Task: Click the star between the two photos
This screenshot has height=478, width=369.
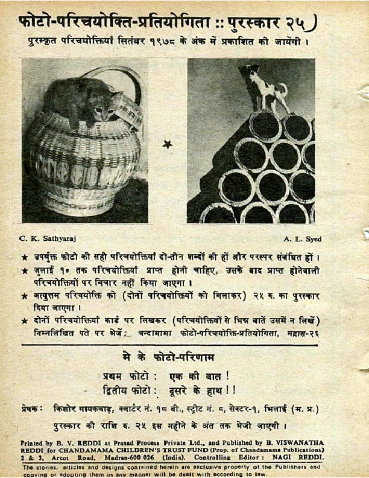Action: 167,144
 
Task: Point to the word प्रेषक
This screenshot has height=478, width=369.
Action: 32,409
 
